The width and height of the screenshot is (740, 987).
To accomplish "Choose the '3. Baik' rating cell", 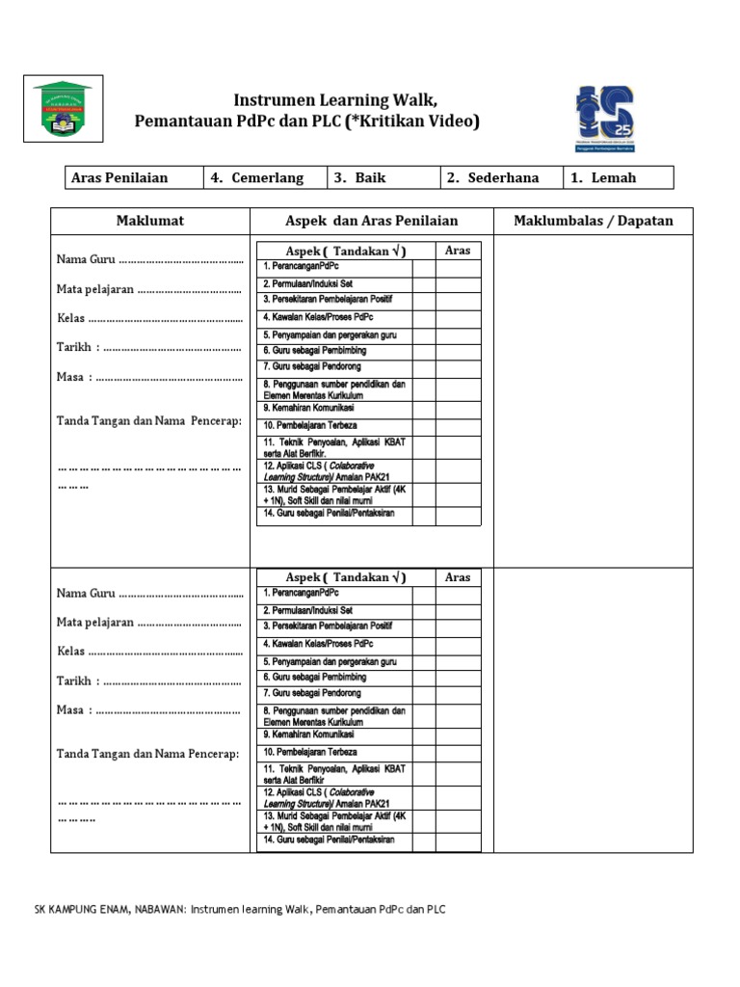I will [383, 177].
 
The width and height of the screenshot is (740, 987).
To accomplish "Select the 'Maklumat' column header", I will [150, 221].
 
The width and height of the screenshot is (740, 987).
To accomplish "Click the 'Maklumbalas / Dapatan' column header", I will [594, 221].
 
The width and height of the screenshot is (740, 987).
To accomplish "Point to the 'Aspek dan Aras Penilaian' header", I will [372, 221].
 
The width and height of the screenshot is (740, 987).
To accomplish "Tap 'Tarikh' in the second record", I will [74, 681].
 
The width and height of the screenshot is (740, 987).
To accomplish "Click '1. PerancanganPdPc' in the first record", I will [302, 265].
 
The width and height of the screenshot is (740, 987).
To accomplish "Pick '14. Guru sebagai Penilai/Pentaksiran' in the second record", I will [329, 840].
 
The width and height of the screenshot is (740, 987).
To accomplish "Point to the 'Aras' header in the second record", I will [458, 577].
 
